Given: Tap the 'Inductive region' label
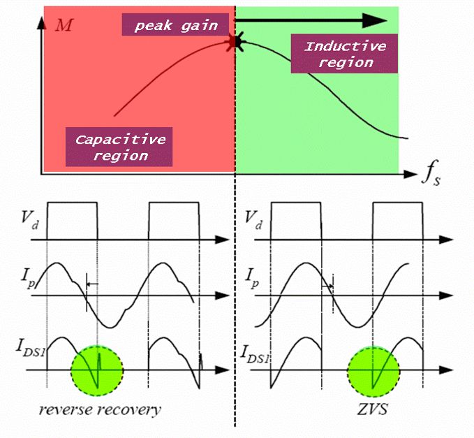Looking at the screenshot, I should (345, 54).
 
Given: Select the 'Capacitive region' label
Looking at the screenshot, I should (119, 147).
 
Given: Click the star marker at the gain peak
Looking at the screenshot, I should (235, 43).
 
